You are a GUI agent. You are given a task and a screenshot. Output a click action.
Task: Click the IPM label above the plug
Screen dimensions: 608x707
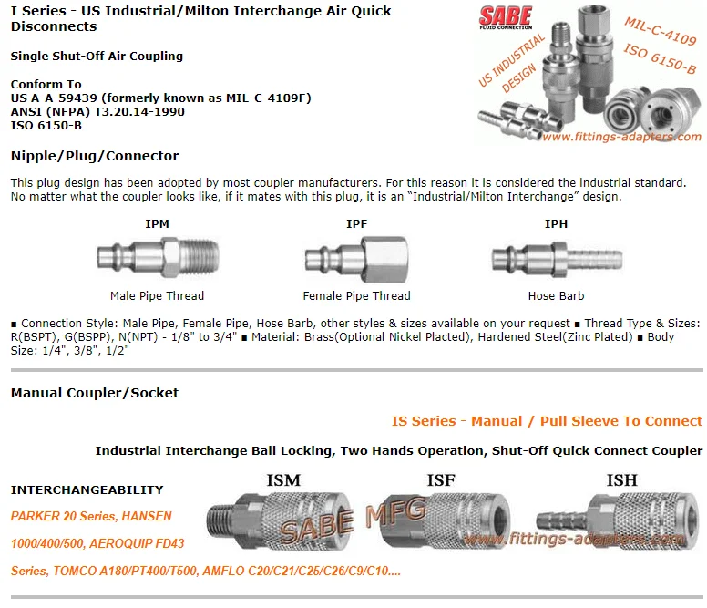157,223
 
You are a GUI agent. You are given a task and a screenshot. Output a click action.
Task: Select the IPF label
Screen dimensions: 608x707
357,223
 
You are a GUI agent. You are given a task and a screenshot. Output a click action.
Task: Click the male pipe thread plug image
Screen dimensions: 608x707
157,259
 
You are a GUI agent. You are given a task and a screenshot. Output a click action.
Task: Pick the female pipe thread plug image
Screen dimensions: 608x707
356,259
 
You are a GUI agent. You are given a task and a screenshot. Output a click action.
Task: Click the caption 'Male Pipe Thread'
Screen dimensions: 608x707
157,295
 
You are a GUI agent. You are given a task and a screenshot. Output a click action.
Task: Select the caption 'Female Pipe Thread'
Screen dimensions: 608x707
356,295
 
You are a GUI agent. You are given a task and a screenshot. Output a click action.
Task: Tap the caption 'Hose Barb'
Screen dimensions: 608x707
556,295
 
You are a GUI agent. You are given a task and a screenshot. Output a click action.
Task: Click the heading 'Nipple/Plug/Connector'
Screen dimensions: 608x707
95,156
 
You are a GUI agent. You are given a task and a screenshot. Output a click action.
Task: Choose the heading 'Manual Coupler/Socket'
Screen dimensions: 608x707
95,393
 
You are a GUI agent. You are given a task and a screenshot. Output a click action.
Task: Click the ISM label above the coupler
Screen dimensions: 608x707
282,480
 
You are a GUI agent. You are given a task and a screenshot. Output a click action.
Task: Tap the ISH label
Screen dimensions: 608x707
621,480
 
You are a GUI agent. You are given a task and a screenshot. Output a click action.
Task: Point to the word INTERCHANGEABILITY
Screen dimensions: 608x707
87,489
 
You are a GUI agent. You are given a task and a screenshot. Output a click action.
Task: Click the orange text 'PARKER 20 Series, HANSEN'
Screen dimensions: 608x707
91,516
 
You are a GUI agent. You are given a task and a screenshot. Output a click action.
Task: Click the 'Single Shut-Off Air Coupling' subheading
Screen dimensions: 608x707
97,56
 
